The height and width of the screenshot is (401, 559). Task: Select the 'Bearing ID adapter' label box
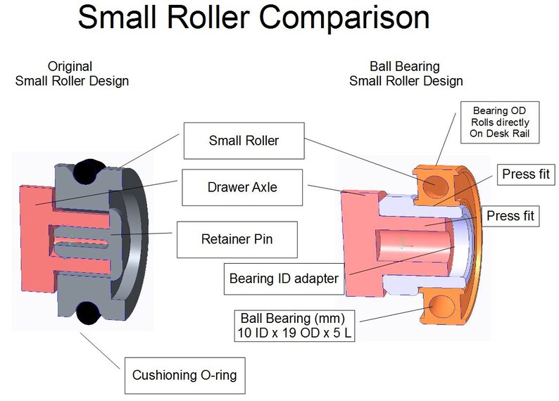click(x=284, y=279)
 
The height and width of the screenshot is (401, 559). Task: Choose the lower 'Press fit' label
click(x=510, y=217)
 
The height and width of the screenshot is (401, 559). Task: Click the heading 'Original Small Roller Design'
click(x=72, y=74)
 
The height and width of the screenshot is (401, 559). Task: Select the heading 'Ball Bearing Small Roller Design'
click(x=406, y=74)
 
